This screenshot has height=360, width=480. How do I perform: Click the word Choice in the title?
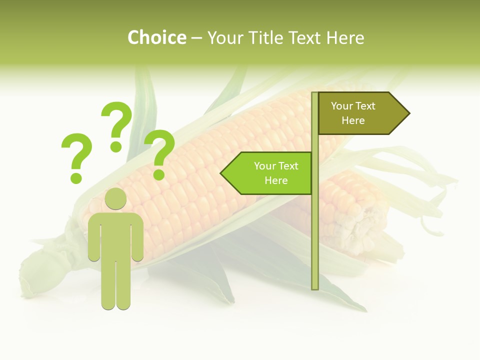[156, 37]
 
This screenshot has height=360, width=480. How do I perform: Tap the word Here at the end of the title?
[345, 37]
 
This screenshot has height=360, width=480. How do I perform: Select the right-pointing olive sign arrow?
[360, 113]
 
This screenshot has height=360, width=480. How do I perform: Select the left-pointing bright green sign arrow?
[270, 173]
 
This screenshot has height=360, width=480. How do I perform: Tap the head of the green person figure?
[116, 199]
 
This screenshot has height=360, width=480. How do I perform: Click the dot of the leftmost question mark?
[76, 177]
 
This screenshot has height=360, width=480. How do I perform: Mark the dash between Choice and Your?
[196, 38]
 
